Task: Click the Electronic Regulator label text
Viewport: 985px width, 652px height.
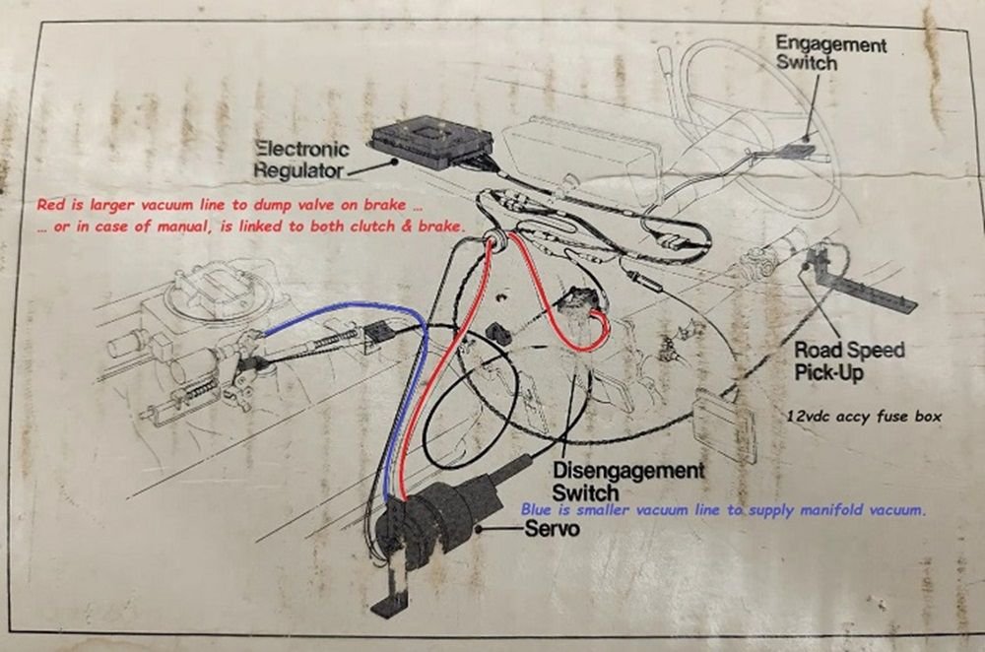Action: click(301, 160)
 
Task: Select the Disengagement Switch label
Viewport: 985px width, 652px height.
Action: click(627, 481)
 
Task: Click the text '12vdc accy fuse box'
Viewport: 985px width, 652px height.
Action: click(864, 417)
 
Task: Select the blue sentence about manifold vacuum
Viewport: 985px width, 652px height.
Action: click(725, 510)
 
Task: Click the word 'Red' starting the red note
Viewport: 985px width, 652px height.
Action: click(49, 206)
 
